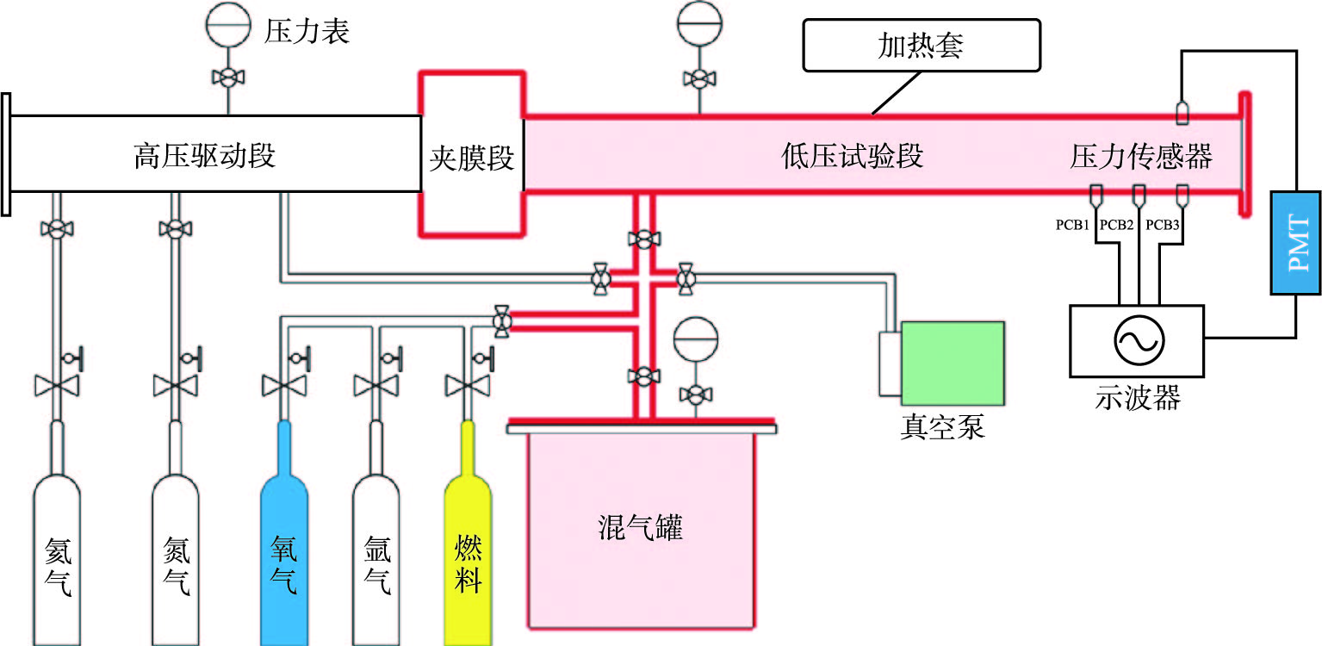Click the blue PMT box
click(1295, 243)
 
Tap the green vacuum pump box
click(953, 363)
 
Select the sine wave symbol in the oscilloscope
click(1137, 341)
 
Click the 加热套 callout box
click(921, 46)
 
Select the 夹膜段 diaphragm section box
click(471, 158)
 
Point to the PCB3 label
click(1162, 226)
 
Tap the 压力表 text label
click(307, 33)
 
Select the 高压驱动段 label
click(205, 157)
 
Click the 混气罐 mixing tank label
click(639, 527)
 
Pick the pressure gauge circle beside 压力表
click(228, 24)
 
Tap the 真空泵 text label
click(942, 427)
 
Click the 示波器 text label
click(1137, 398)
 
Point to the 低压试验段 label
click(853, 157)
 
